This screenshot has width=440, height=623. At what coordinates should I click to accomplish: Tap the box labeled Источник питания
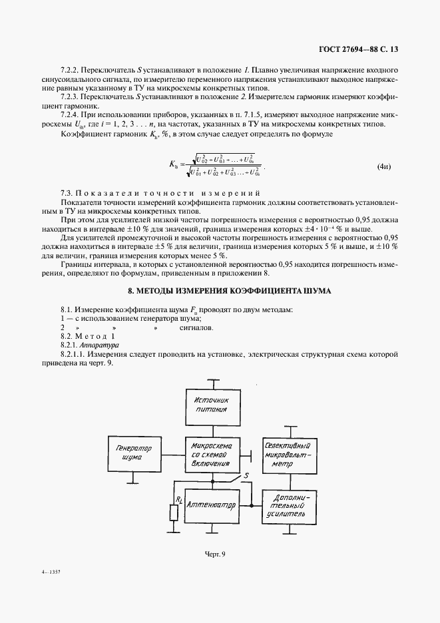[212, 405]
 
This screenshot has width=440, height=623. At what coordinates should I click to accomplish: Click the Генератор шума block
[134, 454]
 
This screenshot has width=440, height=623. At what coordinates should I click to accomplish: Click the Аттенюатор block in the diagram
[212, 505]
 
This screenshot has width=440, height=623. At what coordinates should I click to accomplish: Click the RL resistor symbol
[174, 511]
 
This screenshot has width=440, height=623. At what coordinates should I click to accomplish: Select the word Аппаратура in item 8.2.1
[99, 347]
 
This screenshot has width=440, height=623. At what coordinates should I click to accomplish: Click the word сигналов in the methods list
[196, 328]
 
